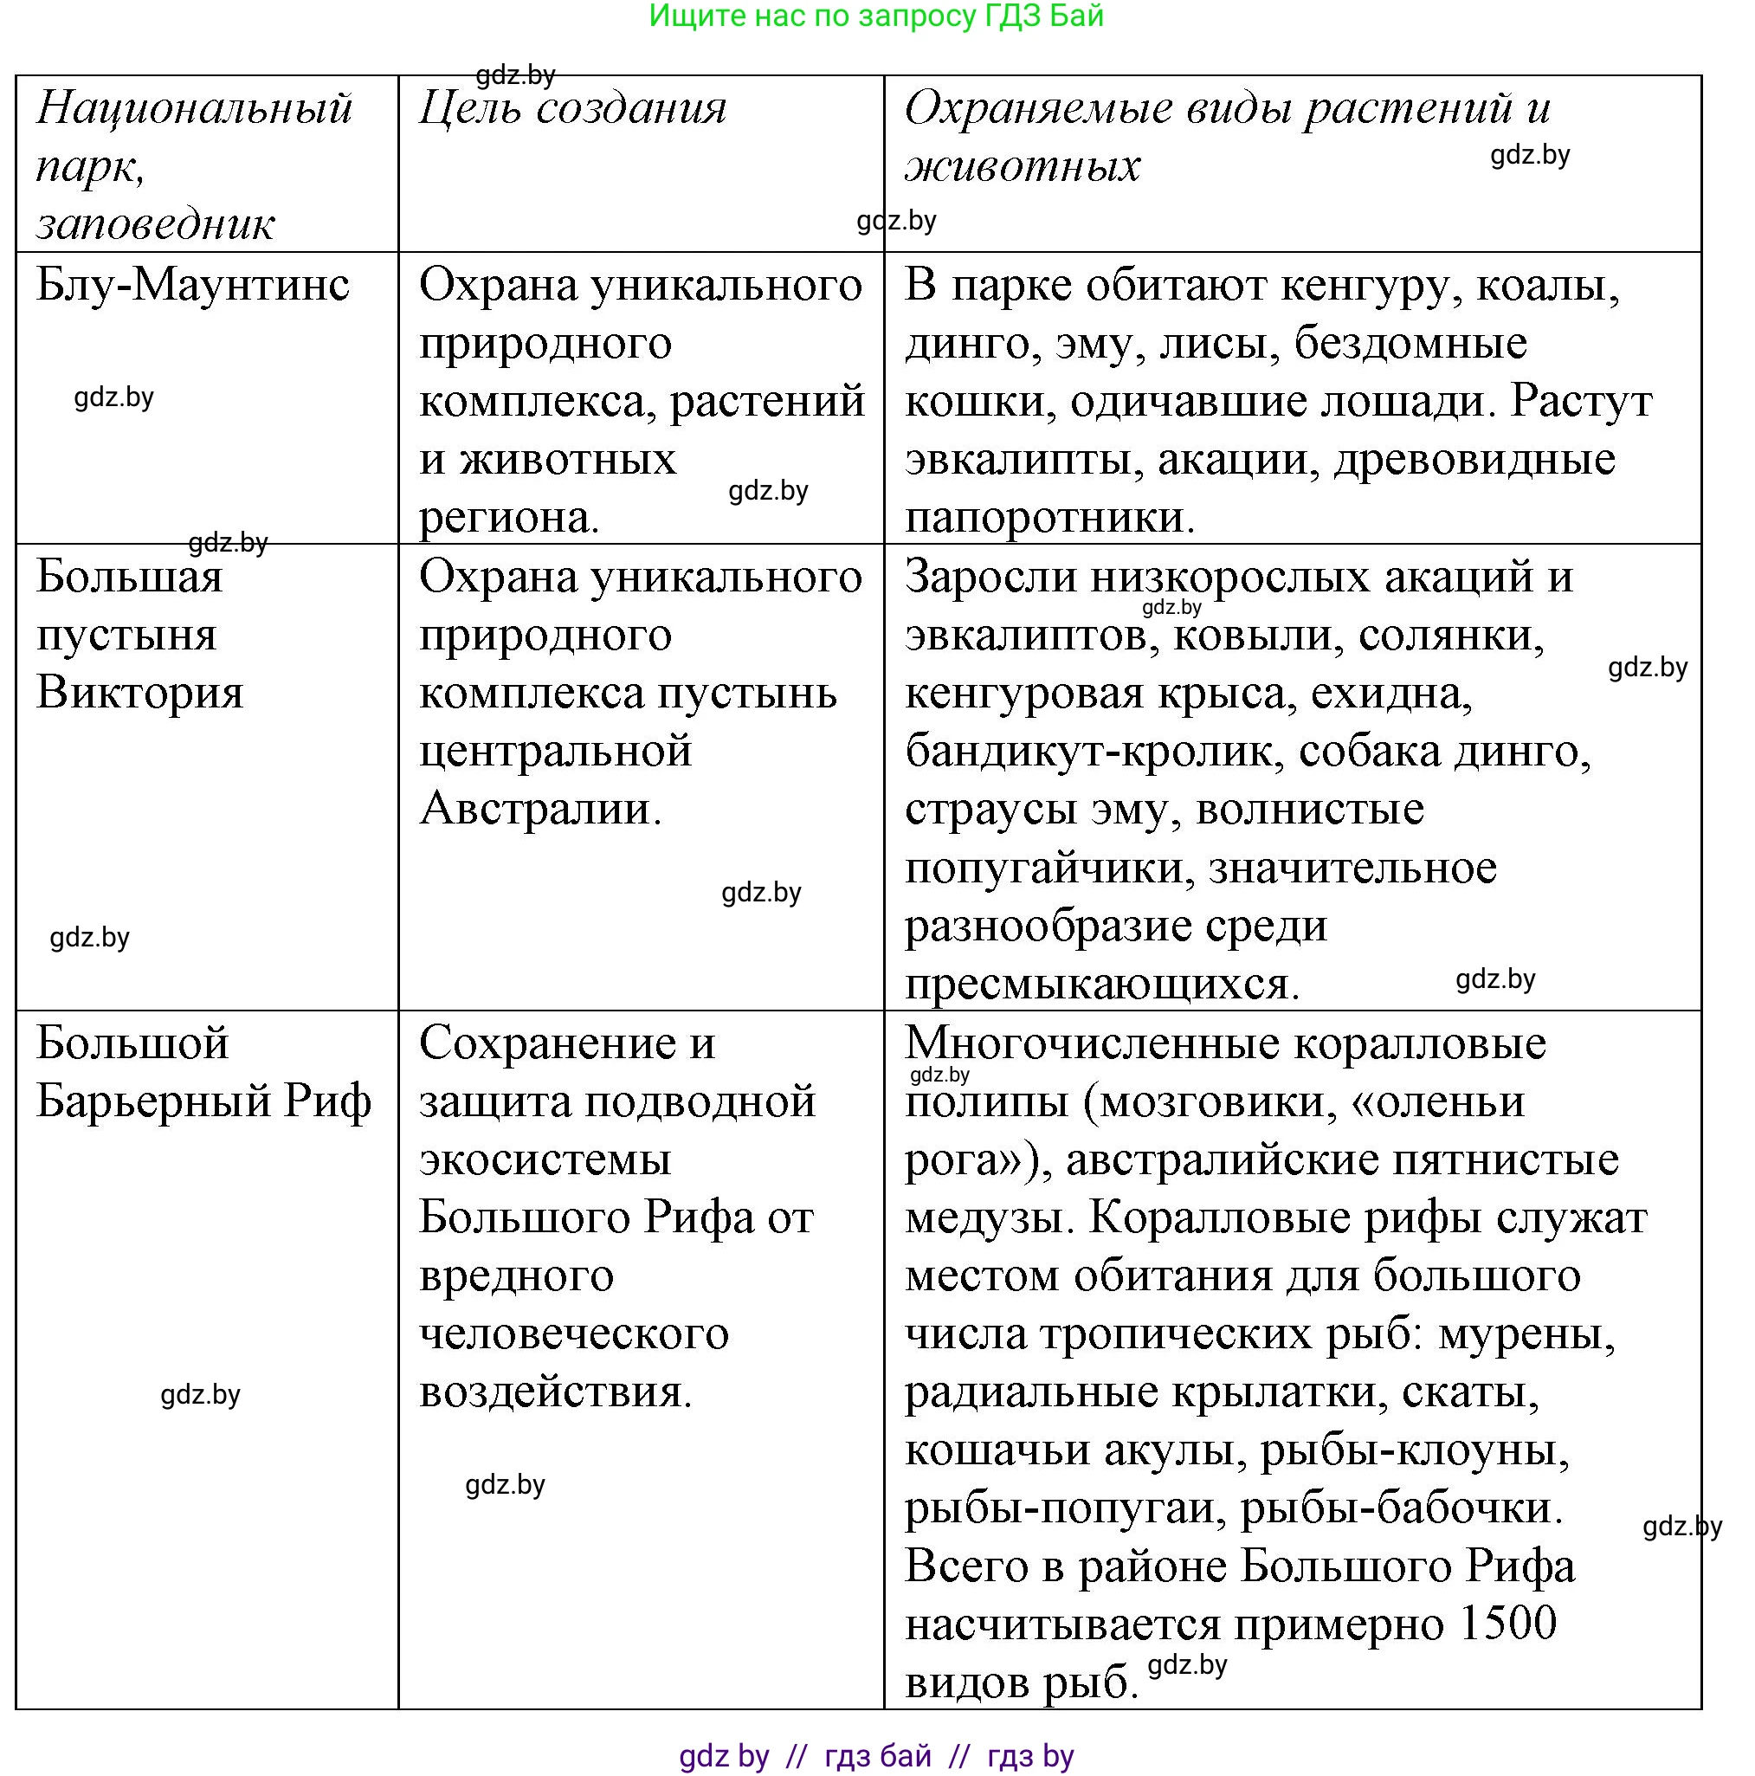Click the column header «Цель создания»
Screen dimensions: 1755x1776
(x=571, y=108)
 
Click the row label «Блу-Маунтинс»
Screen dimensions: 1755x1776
(x=193, y=285)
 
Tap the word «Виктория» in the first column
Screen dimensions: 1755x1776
(x=139, y=693)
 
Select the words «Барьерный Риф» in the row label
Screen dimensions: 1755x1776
(x=203, y=1101)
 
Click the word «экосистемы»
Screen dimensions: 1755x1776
(x=545, y=1159)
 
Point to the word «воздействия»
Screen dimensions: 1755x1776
(x=554, y=1392)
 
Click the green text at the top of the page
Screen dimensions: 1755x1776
(x=875, y=16)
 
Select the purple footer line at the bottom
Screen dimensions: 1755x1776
(x=875, y=1756)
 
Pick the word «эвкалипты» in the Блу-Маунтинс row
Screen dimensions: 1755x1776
(x=1023, y=460)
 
